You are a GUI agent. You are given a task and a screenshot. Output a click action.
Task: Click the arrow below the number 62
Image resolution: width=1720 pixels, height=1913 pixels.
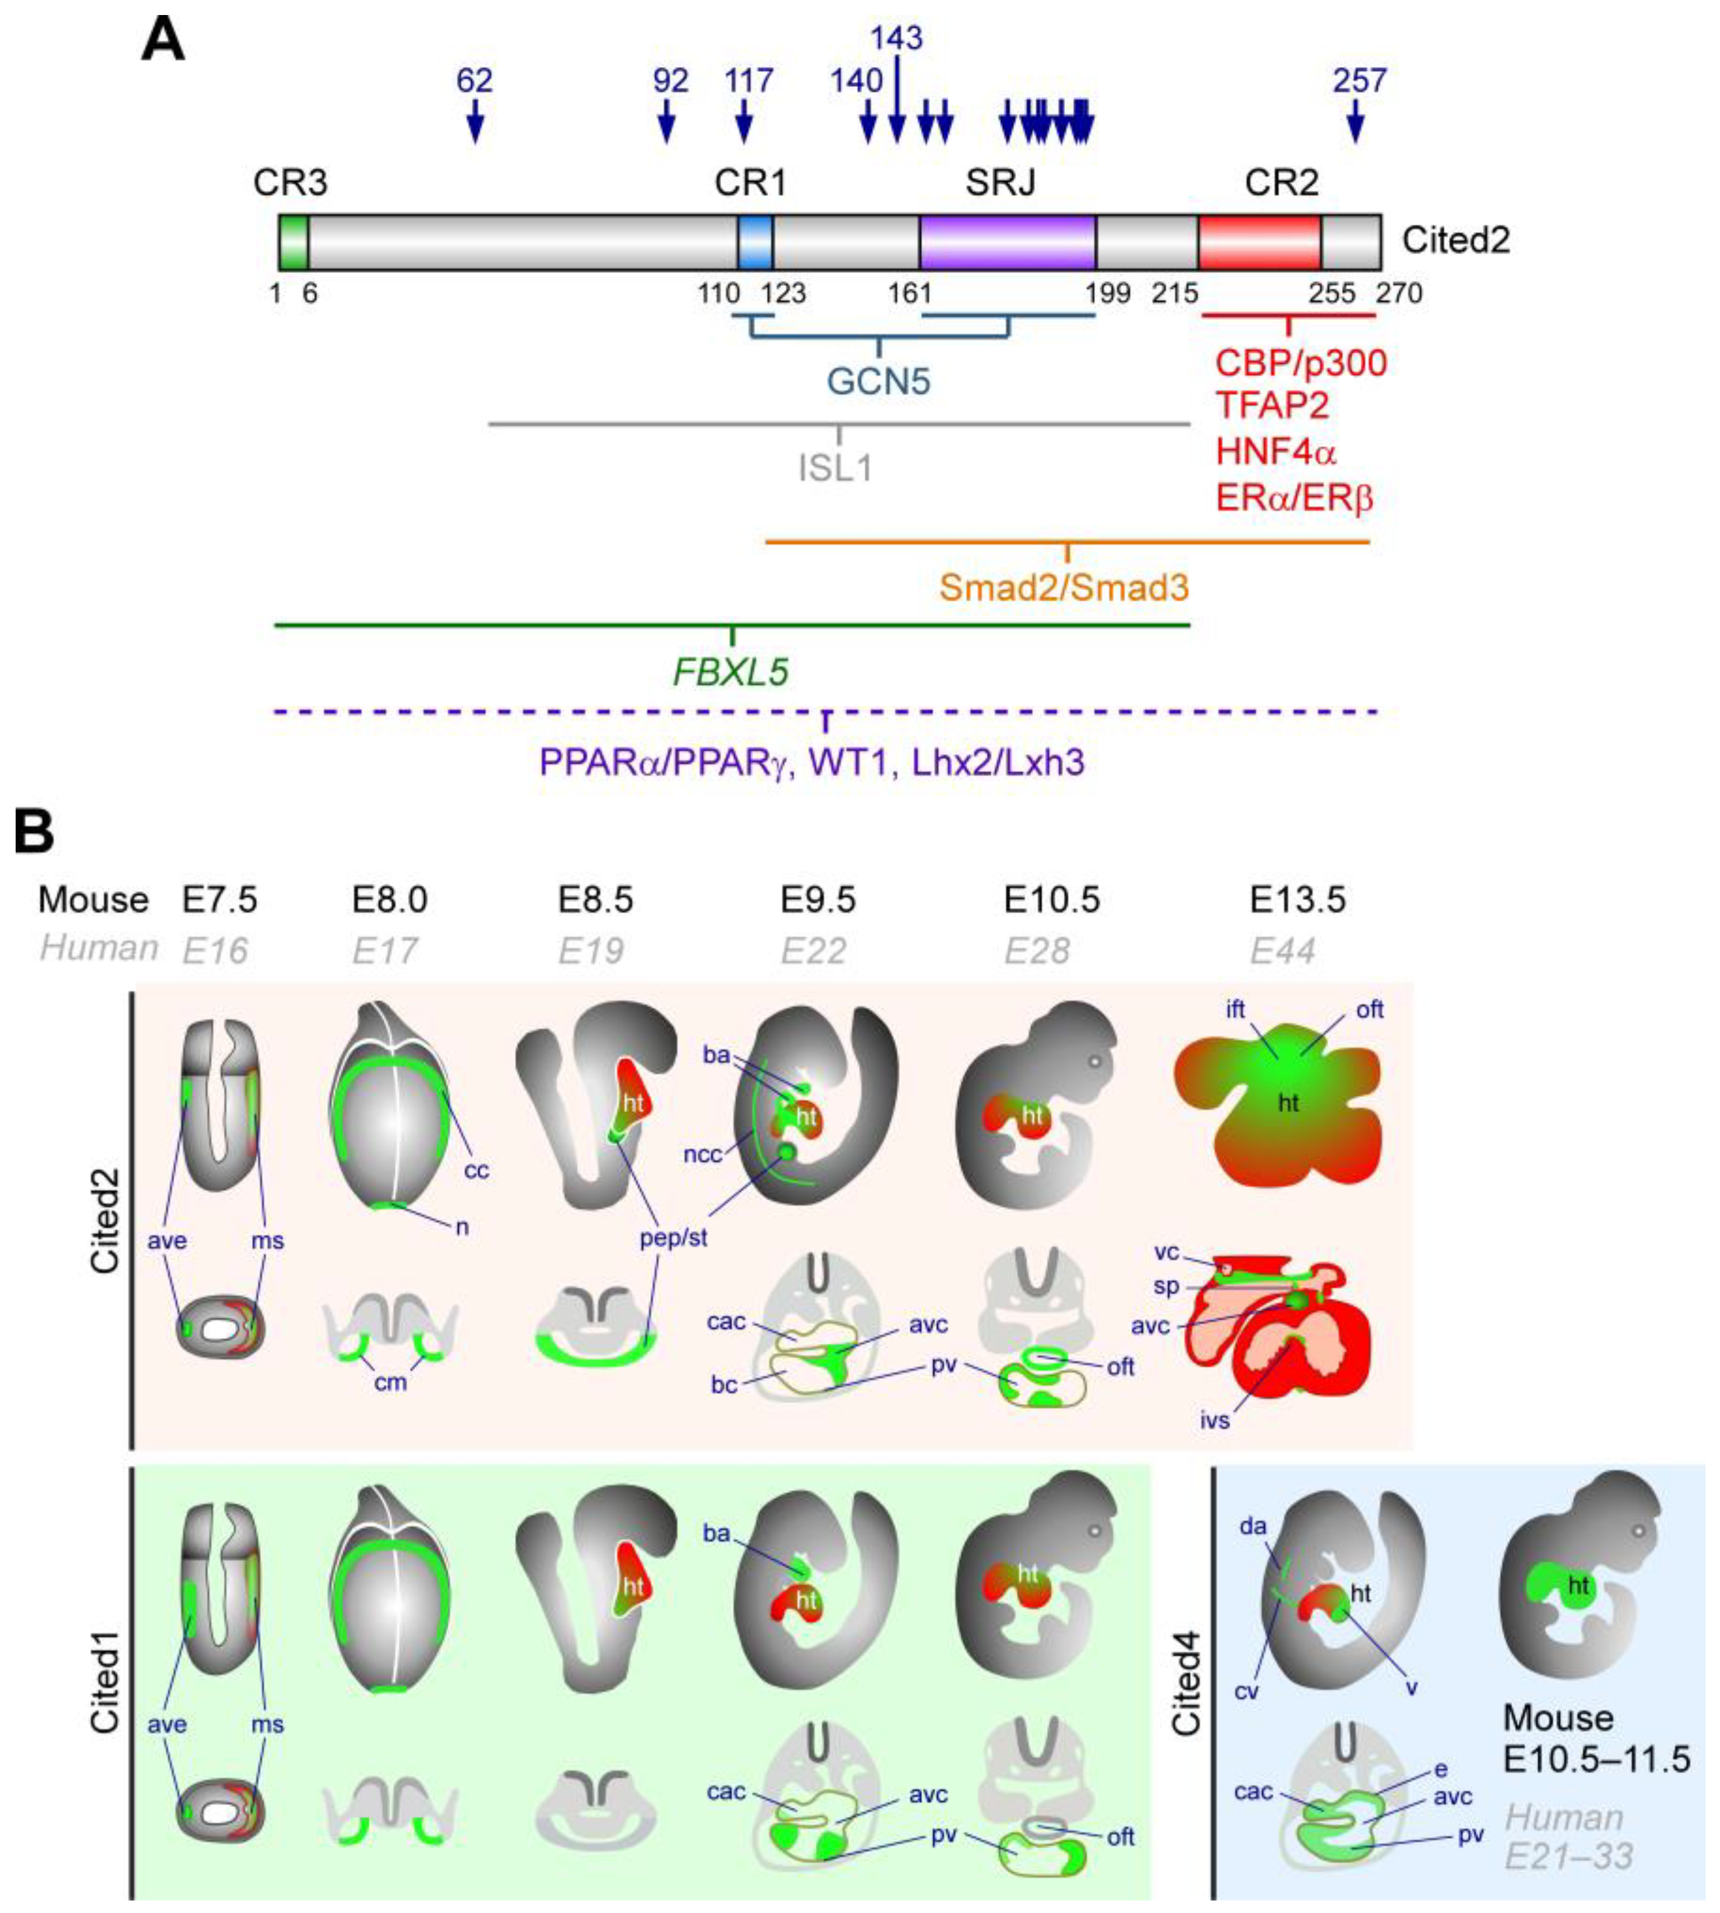(476, 122)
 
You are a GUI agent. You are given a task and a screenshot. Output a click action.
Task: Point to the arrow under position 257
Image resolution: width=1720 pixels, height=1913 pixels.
(1356, 122)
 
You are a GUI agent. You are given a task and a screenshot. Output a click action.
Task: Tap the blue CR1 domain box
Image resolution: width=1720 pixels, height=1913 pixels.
(755, 242)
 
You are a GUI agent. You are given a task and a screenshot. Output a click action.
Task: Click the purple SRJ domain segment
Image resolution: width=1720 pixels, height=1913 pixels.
(1007, 242)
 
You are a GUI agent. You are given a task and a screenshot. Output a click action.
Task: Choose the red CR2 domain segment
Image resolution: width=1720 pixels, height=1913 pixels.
(1259, 242)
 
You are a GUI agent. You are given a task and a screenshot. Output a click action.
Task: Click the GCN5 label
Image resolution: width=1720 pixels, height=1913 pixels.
(879, 382)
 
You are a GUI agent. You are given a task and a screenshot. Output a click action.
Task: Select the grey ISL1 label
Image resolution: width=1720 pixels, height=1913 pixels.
(835, 467)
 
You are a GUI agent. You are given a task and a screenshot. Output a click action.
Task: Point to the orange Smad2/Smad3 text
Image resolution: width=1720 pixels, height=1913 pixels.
(1064, 587)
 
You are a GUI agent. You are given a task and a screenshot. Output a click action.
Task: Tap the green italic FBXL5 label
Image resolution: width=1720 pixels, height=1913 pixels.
(731, 672)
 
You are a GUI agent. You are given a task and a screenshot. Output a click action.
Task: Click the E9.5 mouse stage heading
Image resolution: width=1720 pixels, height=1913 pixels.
(818, 900)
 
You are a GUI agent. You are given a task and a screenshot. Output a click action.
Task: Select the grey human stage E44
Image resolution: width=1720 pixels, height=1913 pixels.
(1283, 950)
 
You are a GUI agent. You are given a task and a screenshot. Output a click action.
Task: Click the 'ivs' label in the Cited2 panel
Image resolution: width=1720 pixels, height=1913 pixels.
(1215, 1420)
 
